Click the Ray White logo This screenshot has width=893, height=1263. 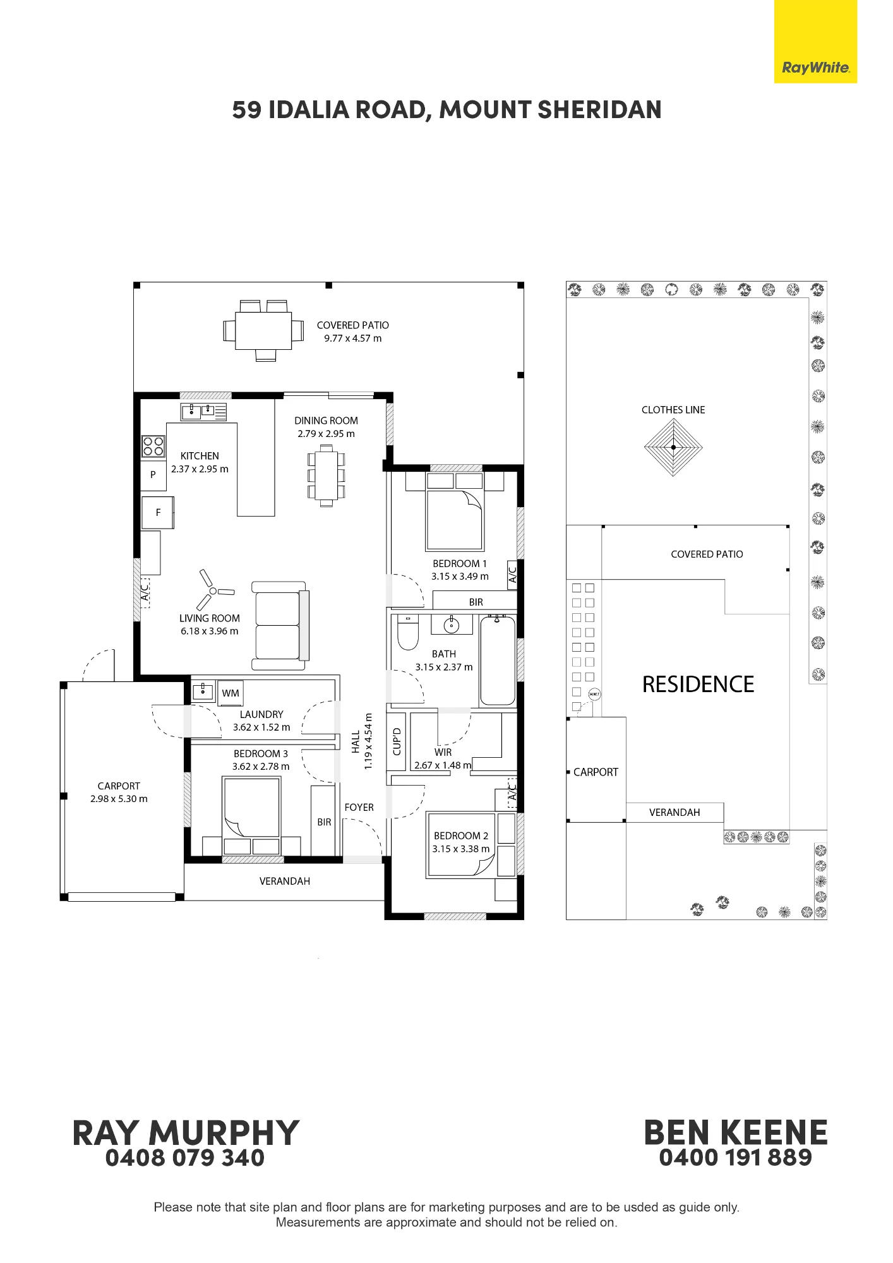(815, 42)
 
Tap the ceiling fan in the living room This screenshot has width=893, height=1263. (213, 591)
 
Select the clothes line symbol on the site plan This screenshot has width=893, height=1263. (673, 447)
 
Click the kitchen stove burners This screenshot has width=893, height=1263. (153, 446)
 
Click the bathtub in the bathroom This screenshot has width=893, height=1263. (498, 661)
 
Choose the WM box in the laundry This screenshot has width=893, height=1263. (231, 693)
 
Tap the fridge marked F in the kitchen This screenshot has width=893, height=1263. (157, 512)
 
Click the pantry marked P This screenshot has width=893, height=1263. (153, 474)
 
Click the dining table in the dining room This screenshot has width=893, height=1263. (326, 476)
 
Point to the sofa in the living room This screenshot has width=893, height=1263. (280, 626)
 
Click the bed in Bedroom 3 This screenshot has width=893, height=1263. (251, 815)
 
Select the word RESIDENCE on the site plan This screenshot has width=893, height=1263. (698, 685)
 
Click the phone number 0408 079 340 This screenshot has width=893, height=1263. (185, 1158)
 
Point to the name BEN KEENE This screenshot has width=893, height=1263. (736, 1132)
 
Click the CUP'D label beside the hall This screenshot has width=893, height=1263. (397, 741)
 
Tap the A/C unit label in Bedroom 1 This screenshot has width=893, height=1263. (512, 575)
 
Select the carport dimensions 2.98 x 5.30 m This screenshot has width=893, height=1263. (119, 799)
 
